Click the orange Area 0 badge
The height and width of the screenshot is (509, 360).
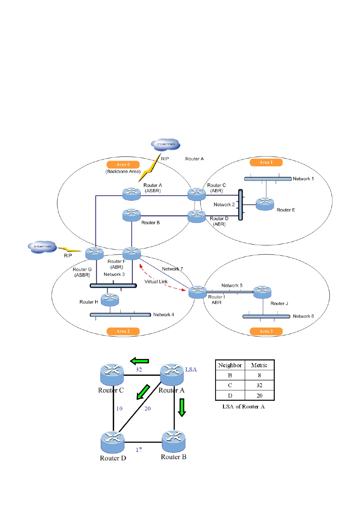(123, 164)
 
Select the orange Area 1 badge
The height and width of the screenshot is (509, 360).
(266, 163)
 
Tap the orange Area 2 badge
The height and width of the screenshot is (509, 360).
(123, 331)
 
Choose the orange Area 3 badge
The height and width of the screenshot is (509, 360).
(266, 331)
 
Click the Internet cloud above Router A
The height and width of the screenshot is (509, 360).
(166, 144)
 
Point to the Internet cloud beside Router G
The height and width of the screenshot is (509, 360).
(43, 247)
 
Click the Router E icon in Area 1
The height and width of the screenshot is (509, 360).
(265, 204)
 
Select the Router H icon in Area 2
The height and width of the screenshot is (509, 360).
(110, 299)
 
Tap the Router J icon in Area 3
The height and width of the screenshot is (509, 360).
(262, 292)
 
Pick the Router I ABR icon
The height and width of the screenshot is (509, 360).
(197, 292)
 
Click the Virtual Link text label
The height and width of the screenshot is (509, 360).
(156, 282)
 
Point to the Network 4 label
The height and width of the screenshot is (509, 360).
(163, 315)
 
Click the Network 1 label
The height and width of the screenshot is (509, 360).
(303, 179)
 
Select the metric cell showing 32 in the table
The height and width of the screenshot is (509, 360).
(259, 385)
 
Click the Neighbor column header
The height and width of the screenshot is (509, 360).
(230, 365)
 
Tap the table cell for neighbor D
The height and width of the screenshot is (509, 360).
(230, 396)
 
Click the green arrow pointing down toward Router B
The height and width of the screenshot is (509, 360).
(182, 407)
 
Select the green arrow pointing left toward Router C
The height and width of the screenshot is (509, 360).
(139, 361)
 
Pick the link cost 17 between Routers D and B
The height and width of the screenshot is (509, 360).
(139, 450)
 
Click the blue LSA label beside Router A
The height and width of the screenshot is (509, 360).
(191, 369)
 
